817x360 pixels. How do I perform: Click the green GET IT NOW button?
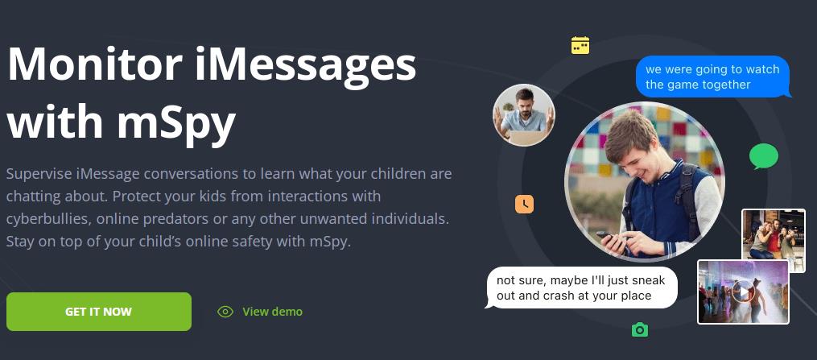pyautogui.click(x=99, y=312)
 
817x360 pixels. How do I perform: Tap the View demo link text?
pyautogui.click(x=273, y=312)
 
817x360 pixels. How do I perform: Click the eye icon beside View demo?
pyautogui.click(x=225, y=312)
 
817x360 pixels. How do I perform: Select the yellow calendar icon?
pyautogui.click(x=580, y=45)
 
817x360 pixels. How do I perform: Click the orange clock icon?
pyautogui.click(x=524, y=204)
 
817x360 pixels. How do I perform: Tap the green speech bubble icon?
pyautogui.click(x=764, y=156)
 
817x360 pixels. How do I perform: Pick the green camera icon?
pyautogui.click(x=640, y=329)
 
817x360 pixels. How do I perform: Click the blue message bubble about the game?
pyautogui.click(x=712, y=77)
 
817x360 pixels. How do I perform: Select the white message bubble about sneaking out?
pyautogui.click(x=581, y=288)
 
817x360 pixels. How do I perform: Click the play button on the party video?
pyautogui.click(x=742, y=292)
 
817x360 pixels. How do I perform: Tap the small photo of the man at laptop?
pyautogui.click(x=524, y=115)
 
